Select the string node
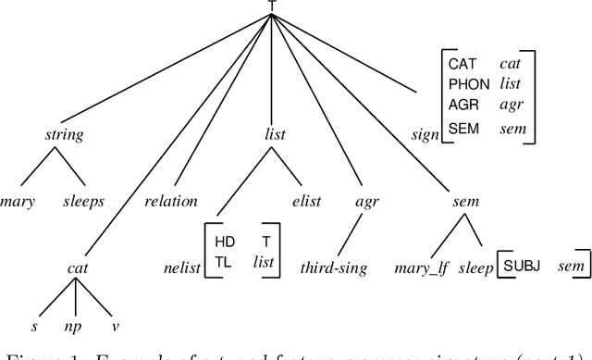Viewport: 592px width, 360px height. click(x=64, y=135)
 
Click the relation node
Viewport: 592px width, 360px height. click(x=172, y=201)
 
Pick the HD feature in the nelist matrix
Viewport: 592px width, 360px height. click(x=225, y=242)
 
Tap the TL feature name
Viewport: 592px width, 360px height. click(x=223, y=261)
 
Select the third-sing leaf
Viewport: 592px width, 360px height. click(x=333, y=268)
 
